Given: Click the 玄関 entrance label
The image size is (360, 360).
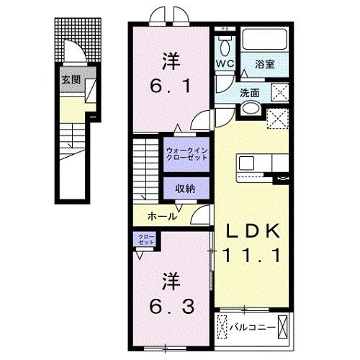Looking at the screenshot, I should pos(70,80).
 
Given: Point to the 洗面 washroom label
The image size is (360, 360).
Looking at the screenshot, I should pos(251,92).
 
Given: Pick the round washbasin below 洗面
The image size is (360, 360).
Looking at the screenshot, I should pos(251,109).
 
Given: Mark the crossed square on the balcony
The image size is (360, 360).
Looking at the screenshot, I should pos(285,328).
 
